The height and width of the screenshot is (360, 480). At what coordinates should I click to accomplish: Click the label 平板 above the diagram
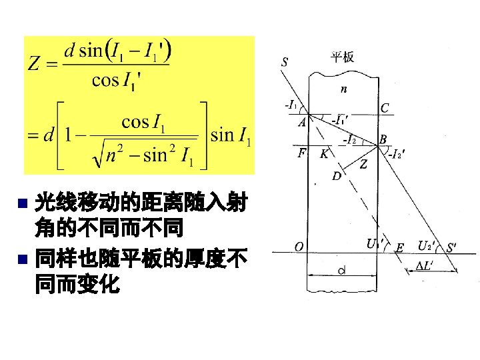(x=343, y=57)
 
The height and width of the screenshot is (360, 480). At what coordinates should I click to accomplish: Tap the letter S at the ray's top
(x=285, y=63)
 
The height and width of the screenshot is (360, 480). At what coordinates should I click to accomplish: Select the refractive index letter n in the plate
(x=343, y=88)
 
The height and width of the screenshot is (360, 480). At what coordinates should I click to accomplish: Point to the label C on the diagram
(x=385, y=108)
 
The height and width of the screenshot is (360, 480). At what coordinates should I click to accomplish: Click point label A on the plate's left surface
(x=302, y=122)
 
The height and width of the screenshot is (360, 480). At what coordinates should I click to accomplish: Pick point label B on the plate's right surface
(x=383, y=139)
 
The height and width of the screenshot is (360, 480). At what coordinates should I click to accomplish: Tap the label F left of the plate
(x=302, y=153)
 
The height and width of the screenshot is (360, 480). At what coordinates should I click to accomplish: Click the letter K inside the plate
(x=323, y=153)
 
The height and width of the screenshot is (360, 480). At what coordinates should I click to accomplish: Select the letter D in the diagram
(x=336, y=176)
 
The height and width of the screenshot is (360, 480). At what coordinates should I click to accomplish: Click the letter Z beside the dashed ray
(x=363, y=165)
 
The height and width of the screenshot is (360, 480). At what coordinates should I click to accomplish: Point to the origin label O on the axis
(x=299, y=247)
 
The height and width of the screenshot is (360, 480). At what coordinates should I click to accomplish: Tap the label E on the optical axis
(x=399, y=248)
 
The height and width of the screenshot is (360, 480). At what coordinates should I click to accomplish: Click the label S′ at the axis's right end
(x=451, y=247)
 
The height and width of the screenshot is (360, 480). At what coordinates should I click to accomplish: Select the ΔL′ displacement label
(x=426, y=266)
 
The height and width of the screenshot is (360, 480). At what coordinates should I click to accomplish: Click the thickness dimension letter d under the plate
(x=341, y=270)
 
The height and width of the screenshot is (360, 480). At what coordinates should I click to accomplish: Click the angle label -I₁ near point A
(x=291, y=105)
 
